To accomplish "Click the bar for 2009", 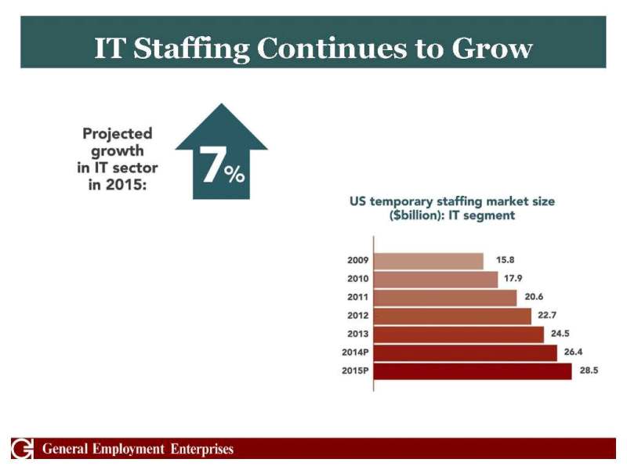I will tap(428, 261).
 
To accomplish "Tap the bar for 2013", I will tap(458, 334).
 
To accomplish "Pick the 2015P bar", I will tap(473, 371).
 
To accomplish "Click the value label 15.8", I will tap(505, 260).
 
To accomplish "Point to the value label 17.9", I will tap(513, 279).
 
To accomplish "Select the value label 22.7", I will tap(547, 316).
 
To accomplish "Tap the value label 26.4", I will tap(572, 352).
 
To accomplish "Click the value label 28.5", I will tap(589, 371).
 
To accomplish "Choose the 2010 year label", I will tap(358, 279).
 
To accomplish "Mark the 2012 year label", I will tap(358, 316).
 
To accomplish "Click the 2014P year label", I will tap(356, 352).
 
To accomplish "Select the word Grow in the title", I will tap(492, 49).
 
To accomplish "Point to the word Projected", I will tap(118, 134).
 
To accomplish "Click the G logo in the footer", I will tap(22, 449).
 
